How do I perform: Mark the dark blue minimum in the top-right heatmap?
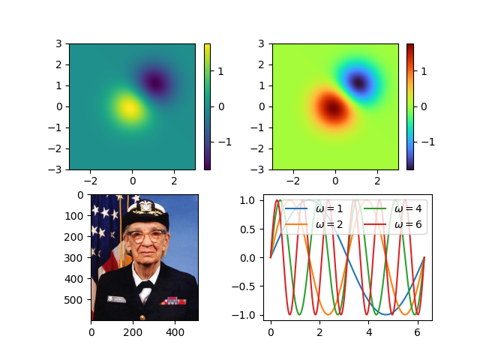358,82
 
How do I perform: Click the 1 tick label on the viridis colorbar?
220,71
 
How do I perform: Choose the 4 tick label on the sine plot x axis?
369,330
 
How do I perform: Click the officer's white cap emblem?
145,205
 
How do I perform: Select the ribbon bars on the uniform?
172,300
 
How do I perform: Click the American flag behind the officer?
103,225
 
